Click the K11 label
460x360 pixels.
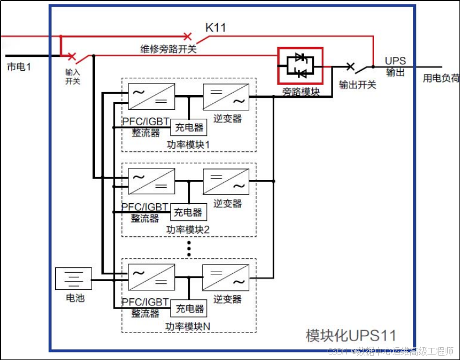click(x=216, y=27)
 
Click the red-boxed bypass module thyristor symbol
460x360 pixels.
click(x=300, y=66)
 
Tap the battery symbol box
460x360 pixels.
click(x=73, y=279)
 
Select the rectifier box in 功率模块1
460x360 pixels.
click(x=151, y=96)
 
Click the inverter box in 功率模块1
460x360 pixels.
click(x=226, y=96)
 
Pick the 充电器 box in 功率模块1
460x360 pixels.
click(x=189, y=128)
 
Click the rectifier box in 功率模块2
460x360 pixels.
click(x=151, y=181)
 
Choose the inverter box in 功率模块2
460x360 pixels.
click(x=226, y=181)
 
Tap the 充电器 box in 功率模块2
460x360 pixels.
click(x=189, y=212)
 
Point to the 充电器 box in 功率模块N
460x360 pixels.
click(x=189, y=309)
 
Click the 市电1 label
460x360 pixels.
click(x=19, y=67)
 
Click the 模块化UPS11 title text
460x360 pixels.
click(x=351, y=335)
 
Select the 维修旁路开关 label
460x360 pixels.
click(x=168, y=49)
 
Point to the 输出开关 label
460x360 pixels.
click(x=357, y=84)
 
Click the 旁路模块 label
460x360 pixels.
click(x=301, y=92)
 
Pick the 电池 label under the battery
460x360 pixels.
click(x=73, y=298)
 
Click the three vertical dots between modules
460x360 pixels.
click(x=189, y=248)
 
